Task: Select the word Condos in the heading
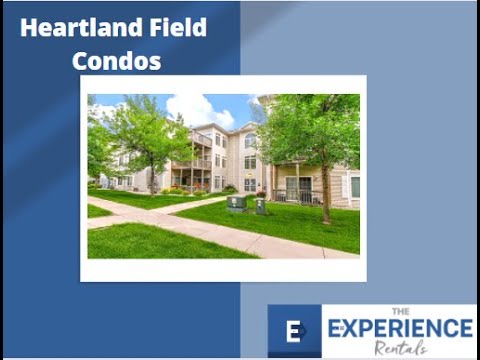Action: coord(116,61)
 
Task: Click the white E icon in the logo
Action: coord(294,332)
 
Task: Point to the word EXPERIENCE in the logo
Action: coord(401,328)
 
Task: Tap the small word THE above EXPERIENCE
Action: coord(401,311)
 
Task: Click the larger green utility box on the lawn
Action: coord(237,203)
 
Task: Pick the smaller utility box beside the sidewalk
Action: coord(260,206)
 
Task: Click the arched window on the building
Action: coord(250,140)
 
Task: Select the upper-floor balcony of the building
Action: coord(203,139)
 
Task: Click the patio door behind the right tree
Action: coord(298,187)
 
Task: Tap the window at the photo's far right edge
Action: coord(353,186)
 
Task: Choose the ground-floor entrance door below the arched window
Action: coord(250,184)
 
